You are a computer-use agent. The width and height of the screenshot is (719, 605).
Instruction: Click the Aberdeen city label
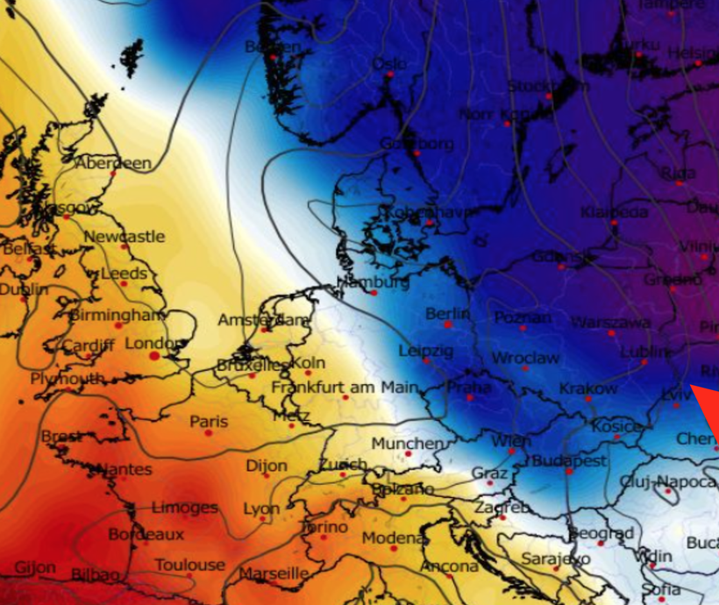(113, 163)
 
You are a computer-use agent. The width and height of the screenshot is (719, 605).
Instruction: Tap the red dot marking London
(154, 356)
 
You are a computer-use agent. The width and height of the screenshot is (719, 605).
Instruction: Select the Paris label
(209, 422)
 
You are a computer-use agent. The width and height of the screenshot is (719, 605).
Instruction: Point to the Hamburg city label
(373, 282)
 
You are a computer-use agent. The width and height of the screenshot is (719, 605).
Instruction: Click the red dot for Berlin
(448, 324)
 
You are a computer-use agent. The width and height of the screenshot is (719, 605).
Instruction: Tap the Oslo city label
(389, 64)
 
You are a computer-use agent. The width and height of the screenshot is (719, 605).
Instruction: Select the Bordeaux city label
(146, 534)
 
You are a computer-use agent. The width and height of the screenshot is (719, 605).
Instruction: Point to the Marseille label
(274, 573)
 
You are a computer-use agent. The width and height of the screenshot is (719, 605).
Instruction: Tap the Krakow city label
(588, 388)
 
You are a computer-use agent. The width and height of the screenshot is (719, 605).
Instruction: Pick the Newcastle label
(124, 237)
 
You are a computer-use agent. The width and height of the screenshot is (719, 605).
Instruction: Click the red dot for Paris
(208, 432)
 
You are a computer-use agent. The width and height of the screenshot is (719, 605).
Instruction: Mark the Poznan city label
(523, 317)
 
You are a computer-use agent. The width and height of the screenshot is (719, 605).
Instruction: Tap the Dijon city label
(267, 466)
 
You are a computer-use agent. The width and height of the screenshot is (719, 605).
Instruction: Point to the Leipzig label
(426, 351)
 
